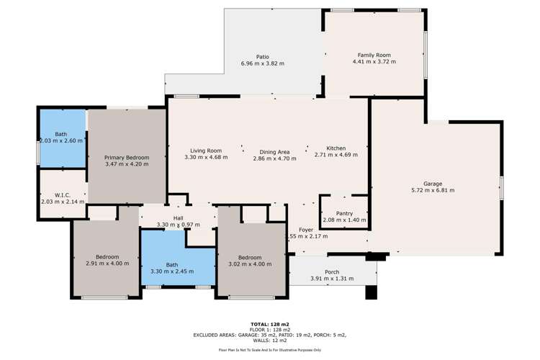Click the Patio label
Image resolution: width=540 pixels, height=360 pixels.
click(262, 56)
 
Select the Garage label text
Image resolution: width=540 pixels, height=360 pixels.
click(432, 184)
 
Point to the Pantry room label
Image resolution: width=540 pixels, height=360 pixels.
click(344, 213)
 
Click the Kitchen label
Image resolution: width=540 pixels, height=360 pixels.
click(336, 148)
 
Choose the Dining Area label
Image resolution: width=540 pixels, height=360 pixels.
click(274, 151)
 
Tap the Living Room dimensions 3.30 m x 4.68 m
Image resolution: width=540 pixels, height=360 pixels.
click(206, 157)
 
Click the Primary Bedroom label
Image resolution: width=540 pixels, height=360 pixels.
click(126, 158)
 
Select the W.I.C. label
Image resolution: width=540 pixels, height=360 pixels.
click(61, 195)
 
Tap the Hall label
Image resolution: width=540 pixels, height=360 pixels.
click(178, 218)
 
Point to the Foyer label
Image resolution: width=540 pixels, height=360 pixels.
click(306, 229)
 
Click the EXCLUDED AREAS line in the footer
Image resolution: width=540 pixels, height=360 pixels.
click(269, 335)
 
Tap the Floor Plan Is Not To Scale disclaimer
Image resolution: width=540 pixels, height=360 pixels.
click(269, 350)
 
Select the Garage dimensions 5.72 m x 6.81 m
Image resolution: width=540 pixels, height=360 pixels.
click(432, 190)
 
